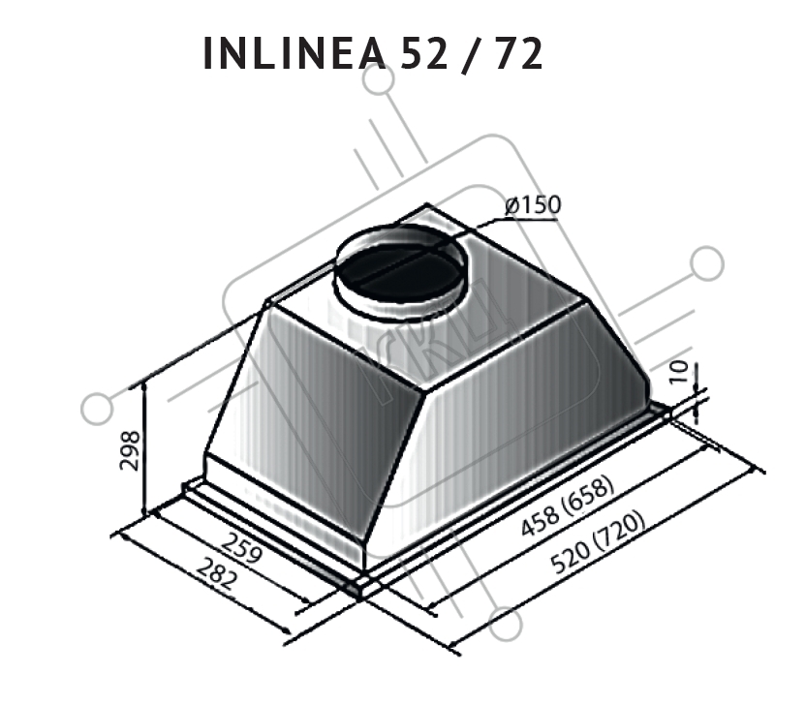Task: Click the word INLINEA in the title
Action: tap(294, 53)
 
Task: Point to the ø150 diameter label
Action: tap(533, 205)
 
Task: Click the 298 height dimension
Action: tap(130, 450)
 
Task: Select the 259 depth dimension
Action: tap(243, 547)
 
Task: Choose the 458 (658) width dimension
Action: tap(567, 506)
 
